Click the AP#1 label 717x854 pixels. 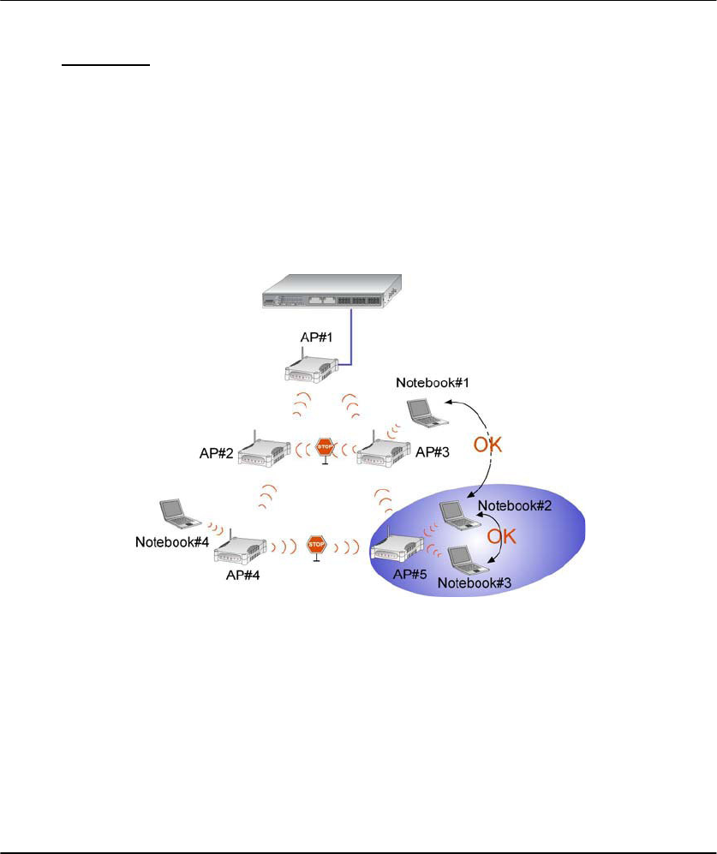click(306, 337)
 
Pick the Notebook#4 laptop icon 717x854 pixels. click(180, 512)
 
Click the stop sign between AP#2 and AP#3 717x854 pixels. click(325, 447)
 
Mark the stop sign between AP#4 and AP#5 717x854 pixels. click(316, 544)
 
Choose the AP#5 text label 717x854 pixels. click(410, 574)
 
